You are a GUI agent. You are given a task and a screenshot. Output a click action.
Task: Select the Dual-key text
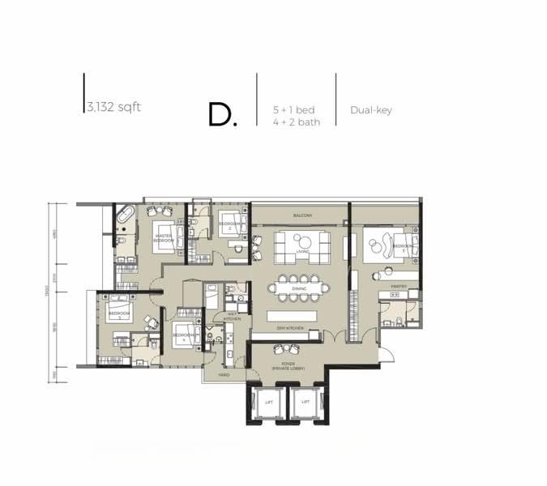[x=371, y=110]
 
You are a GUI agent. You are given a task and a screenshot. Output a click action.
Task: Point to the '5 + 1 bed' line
[x=294, y=109]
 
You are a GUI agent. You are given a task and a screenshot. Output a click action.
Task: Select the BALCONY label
[x=303, y=215]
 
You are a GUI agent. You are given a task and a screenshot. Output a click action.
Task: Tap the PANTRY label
[x=398, y=286]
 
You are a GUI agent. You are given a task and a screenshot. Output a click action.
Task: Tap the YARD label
[x=224, y=375]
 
